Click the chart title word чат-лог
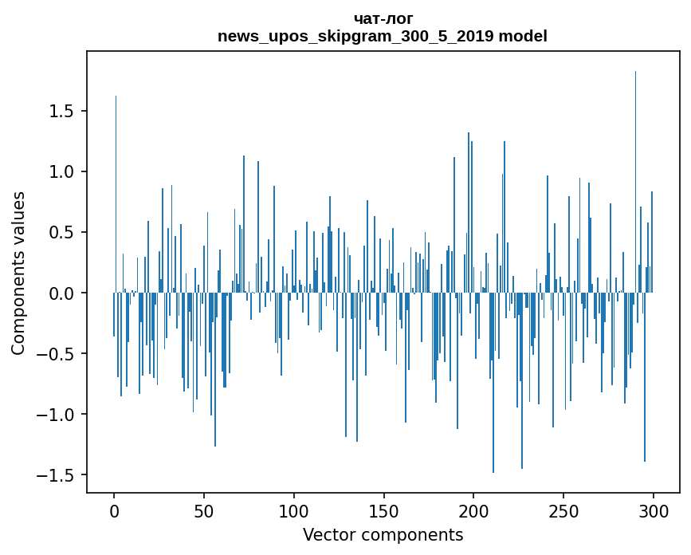pyautogui.click(x=383, y=18)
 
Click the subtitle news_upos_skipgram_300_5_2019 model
pyautogui.click(x=383, y=36)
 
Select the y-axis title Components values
pyautogui.click(x=18, y=273)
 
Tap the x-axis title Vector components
pyautogui.click(x=383, y=534)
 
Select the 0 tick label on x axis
pyautogui.click(x=114, y=511)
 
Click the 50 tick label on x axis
pyautogui.click(x=204, y=511)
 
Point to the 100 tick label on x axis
pyautogui.click(x=294, y=511)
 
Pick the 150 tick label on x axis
pyautogui.click(x=384, y=511)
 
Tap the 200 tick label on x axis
pyautogui.click(x=474, y=511)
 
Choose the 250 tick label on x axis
pyautogui.click(x=563, y=511)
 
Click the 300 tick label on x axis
pyautogui.click(x=654, y=511)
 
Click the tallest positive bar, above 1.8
pyautogui.click(x=635, y=159)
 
